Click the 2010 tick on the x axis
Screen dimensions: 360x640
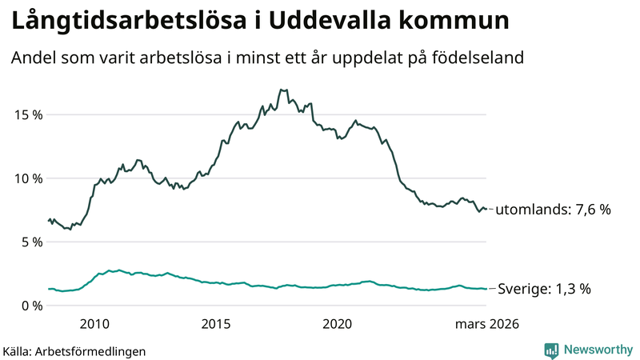click(94, 324)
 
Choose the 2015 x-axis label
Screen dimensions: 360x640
click(216, 324)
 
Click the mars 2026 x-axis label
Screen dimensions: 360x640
click(486, 324)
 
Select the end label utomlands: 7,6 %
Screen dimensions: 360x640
click(553, 210)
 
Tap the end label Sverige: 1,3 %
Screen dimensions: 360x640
click(544, 289)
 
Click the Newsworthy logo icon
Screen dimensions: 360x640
click(552, 350)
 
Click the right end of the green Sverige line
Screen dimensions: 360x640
click(486, 289)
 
